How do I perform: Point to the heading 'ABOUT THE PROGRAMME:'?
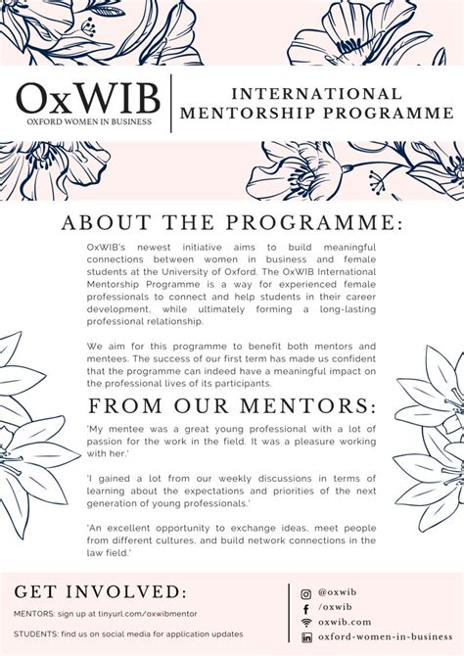(x=232, y=222)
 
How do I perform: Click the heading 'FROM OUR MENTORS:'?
(x=232, y=406)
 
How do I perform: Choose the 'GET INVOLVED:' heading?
(x=99, y=591)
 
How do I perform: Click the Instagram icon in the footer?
(x=306, y=593)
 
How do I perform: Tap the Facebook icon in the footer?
(x=306, y=608)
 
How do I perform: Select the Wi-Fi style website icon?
(x=306, y=623)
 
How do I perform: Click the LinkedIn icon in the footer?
(x=306, y=637)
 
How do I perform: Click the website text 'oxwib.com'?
(x=345, y=623)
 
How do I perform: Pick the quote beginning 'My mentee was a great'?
(x=231, y=442)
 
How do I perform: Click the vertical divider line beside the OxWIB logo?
(x=173, y=103)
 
